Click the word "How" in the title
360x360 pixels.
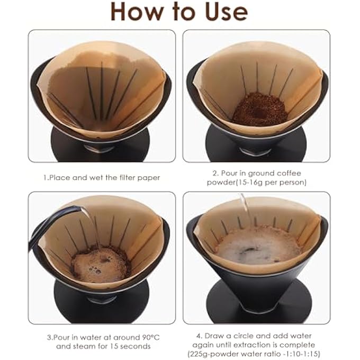pos(137,12)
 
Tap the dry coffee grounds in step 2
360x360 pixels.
pos(259,109)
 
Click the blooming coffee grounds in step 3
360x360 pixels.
pos(101,264)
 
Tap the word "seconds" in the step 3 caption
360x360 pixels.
pos(136,346)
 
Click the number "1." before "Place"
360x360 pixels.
pos(46,178)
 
